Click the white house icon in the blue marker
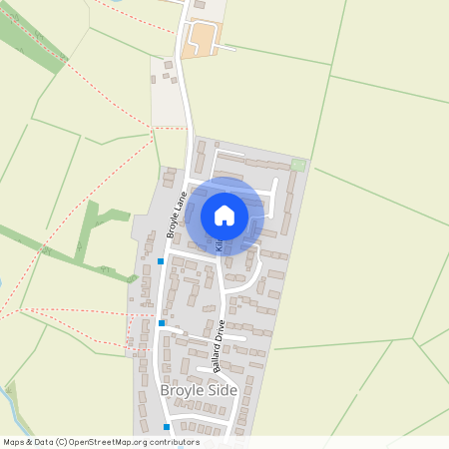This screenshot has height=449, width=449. pyautogui.click(x=224, y=215)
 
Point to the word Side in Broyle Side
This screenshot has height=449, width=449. pyautogui.click(x=221, y=390)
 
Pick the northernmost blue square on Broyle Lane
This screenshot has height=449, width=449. pyautogui.click(x=161, y=261)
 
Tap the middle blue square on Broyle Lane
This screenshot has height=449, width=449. pyautogui.click(x=162, y=322)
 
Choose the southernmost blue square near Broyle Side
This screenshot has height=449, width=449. pyautogui.click(x=167, y=426)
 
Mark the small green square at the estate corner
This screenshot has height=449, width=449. pyautogui.click(x=297, y=164)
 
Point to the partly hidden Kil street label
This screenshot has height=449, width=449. pyautogui.click(x=218, y=244)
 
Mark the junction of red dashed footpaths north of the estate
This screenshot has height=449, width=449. pyautogui.click(x=154, y=127)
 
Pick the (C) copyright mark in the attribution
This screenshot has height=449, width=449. pyautogui.click(x=63, y=442)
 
